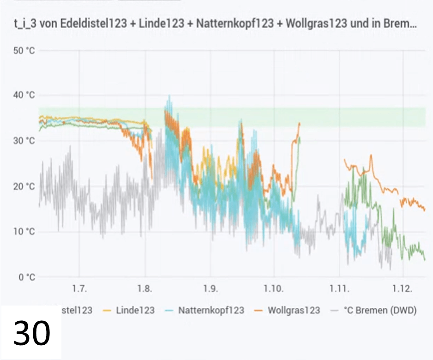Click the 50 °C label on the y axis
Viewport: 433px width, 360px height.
[x=24, y=50]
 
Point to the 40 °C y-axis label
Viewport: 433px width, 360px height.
[x=24, y=96]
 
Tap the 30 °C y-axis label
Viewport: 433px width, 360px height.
[x=24, y=141]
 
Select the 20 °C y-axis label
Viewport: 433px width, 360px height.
[x=24, y=186]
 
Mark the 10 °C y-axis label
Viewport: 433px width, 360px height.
[x=24, y=232]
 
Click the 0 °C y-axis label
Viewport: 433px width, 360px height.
[x=26, y=277]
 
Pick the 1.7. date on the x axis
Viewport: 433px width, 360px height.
[x=80, y=289]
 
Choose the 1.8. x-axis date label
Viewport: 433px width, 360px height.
[x=145, y=289]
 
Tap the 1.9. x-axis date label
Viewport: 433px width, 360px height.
[x=210, y=289]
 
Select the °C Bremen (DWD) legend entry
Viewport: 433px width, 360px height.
[x=379, y=310]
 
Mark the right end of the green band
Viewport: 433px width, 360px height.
[x=424, y=117]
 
